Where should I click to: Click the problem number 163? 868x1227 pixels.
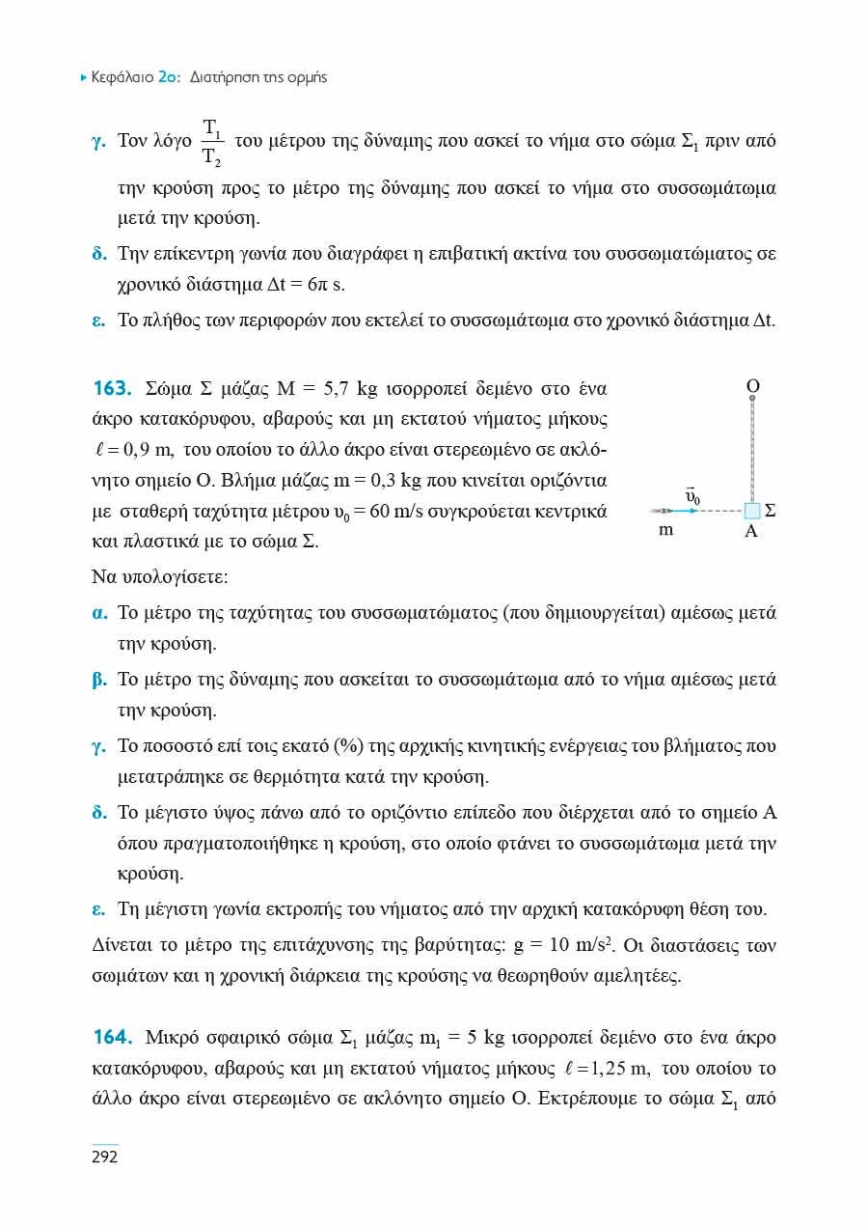[x=111, y=389]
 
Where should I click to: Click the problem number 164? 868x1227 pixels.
[x=111, y=1039]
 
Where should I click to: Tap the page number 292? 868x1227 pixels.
[x=104, y=1157]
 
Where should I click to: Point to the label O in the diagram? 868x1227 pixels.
[x=753, y=386]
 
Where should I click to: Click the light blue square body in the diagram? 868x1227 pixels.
[x=753, y=510]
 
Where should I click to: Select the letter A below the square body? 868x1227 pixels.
[x=751, y=530]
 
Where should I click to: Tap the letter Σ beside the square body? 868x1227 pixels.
[x=771, y=510]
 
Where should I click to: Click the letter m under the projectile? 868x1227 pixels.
[x=665, y=530]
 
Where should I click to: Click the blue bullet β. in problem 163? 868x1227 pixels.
[x=98, y=680]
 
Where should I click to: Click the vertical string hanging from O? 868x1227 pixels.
[x=752, y=449]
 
